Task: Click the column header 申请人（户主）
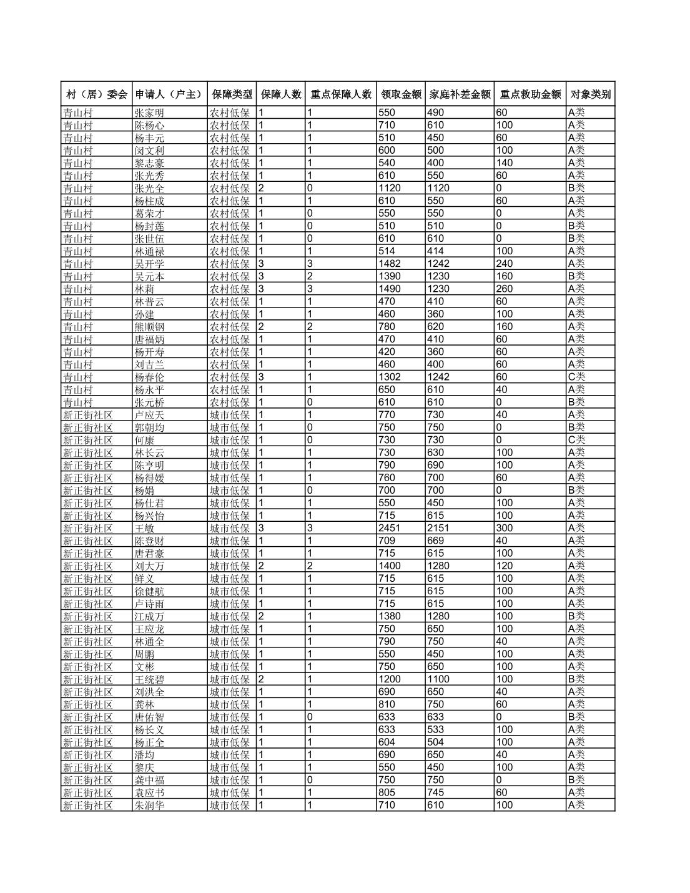169,94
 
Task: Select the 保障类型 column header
232,94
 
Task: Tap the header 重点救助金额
530,94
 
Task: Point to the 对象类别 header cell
590,94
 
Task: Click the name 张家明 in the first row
150,113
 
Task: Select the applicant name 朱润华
150,806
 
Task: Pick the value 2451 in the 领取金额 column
390,528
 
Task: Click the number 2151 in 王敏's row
438,528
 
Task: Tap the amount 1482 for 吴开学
390,264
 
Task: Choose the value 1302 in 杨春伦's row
390,377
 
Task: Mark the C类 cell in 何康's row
576,440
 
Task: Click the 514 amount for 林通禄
387,251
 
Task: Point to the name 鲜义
144,579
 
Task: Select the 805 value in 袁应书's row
387,792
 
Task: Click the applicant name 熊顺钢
150,327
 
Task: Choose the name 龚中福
150,780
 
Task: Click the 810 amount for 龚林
387,704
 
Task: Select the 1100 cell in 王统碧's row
438,679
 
